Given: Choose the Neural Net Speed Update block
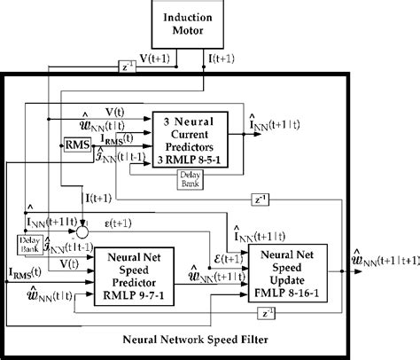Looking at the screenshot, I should pyautogui.click(x=286, y=270).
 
